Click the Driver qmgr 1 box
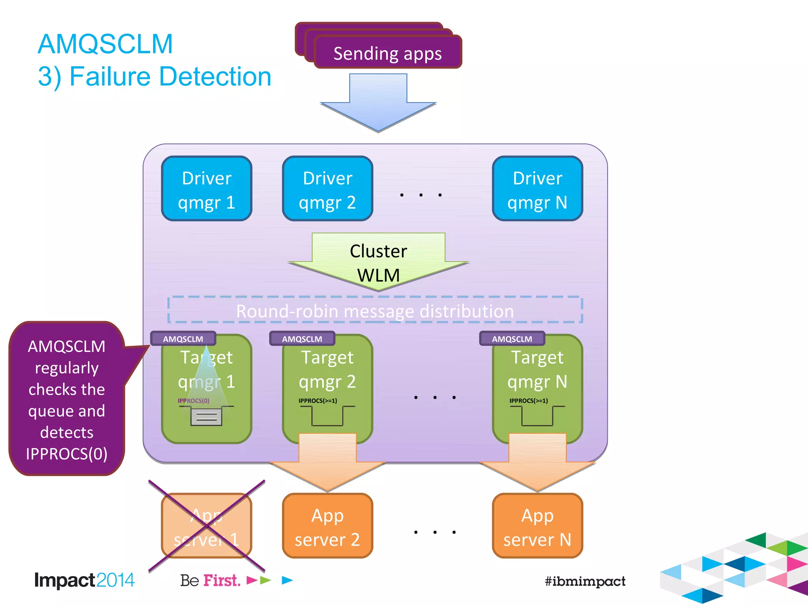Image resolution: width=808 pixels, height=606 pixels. tap(206, 189)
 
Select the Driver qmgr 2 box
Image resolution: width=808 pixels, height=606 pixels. tap(327, 189)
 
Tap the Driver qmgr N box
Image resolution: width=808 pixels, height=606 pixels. tap(537, 189)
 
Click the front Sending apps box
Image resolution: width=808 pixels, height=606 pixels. tap(387, 54)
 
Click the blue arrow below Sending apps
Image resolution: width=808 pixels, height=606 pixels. tap(378, 103)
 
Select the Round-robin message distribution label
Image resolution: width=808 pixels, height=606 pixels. tap(375, 311)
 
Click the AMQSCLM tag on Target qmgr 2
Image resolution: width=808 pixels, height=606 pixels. tap(302, 339)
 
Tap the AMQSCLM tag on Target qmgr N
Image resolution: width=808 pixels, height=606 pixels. tap(512, 339)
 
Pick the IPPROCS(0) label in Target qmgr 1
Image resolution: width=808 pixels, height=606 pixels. tap(193, 401)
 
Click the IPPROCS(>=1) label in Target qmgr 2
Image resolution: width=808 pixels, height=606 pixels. tap(318, 401)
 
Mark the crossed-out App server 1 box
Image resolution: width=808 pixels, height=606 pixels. tap(206, 526)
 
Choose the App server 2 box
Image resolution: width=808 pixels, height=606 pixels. tap(327, 526)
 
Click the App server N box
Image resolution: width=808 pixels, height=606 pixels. tap(537, 526)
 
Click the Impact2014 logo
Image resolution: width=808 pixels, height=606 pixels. tap(84, 580)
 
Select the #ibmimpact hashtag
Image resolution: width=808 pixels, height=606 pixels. tap(585, 581)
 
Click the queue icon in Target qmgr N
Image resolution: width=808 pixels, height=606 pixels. tap(537, 416)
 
